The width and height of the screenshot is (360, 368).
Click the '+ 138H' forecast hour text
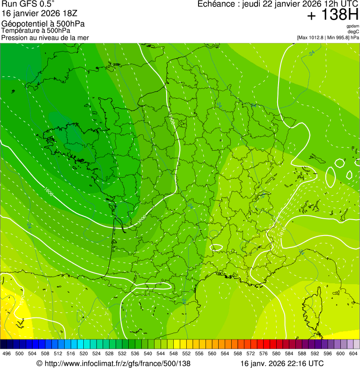[333, 15]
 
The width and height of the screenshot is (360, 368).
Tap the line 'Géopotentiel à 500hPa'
[44, 24]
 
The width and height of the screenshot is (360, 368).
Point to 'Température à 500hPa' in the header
[36, 31]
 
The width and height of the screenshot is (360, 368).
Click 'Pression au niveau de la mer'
[45, 37]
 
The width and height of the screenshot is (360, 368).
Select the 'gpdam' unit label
[353, 26]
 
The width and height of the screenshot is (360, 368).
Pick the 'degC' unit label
[353, 31]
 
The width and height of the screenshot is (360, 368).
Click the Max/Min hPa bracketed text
[328, 37]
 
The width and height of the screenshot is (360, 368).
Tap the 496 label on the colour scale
[7, 353]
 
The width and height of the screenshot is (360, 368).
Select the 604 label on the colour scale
[353, 353]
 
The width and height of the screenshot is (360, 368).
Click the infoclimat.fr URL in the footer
[113, 363]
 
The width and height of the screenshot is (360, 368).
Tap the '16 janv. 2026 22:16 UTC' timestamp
[282, 363]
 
